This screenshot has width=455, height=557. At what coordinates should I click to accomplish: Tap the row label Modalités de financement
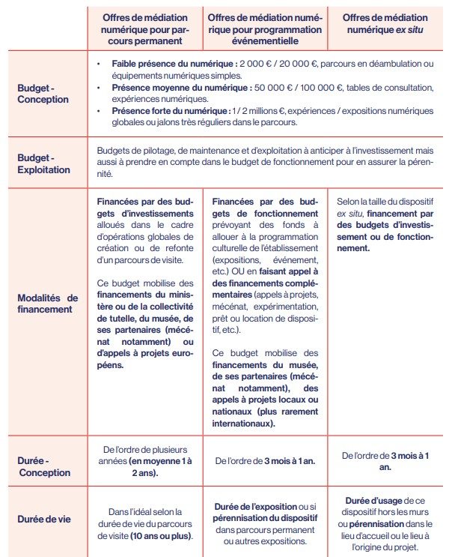click(x=46, y=302)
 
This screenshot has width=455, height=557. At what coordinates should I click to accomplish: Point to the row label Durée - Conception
click(x=43, y=466)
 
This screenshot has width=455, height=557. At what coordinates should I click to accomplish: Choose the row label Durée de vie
click(x=43, y=518)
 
